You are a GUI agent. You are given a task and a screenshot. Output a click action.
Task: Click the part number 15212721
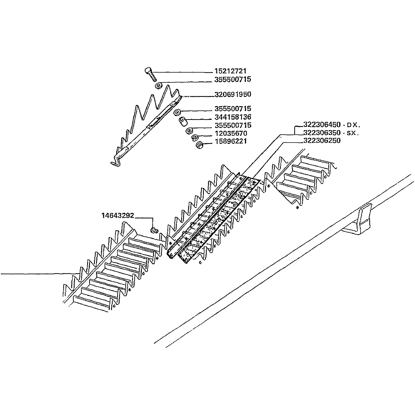point(230,71)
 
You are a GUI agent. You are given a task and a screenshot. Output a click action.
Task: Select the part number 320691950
point(233,94)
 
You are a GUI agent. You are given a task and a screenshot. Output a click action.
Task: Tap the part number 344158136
point(233,117)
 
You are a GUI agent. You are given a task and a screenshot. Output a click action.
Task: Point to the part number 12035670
point(231,133)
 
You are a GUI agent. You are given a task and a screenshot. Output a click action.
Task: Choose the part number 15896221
point(231,141)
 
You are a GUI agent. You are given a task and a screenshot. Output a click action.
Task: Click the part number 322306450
point(322,124)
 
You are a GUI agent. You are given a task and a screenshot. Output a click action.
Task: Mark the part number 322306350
point(322,133)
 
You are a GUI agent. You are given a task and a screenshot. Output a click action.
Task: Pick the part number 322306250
point(322,141)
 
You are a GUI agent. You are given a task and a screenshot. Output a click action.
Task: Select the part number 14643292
point(118,216)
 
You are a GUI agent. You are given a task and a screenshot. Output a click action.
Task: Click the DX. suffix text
point(353,125)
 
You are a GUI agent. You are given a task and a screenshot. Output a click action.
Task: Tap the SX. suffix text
point(353,133)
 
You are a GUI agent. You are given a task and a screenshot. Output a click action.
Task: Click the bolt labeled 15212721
point(150,74)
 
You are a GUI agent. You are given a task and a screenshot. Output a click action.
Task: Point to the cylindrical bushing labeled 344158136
point(183,122)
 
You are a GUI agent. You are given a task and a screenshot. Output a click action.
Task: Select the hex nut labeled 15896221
point(199,145)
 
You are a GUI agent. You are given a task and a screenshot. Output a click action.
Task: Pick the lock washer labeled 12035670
point(195,138)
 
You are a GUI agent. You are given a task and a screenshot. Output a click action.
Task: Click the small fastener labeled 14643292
point(154,231)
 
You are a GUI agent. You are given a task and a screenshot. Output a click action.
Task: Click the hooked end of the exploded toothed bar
point(116,161)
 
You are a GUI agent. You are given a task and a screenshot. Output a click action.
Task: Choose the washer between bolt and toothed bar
point(158,86)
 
